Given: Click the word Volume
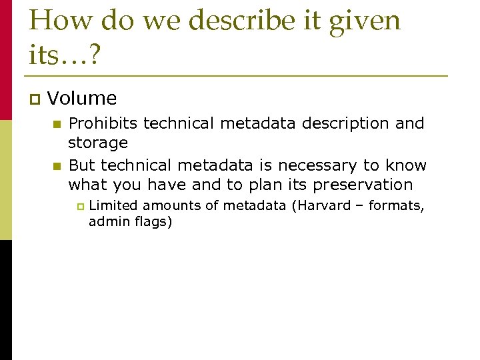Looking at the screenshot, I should coord(82,99).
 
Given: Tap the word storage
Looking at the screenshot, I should coord(98,143).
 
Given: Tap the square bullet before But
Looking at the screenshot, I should coord(57,166).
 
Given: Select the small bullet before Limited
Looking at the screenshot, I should coord(79,207).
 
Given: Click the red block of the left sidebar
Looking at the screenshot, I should coord(6,60).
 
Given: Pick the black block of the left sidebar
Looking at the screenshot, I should coord(6,300).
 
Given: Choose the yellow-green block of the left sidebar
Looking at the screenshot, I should coord(6,180).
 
